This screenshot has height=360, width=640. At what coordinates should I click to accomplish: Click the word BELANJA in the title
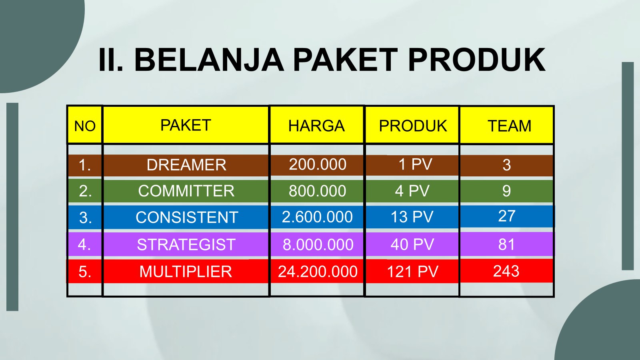209,60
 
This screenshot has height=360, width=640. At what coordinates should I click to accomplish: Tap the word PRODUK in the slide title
477,60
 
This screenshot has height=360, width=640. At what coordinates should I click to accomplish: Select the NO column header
85,126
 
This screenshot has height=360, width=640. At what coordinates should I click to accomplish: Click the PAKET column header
186,125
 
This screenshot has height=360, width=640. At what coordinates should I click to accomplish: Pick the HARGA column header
316,126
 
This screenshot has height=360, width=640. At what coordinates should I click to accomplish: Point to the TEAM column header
510,126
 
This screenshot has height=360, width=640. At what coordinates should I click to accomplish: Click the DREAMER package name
186,165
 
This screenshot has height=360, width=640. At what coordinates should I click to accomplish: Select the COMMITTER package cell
186,191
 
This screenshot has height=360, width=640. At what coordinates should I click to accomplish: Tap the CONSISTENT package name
187,218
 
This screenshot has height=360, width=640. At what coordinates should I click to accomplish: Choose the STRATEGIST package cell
186,244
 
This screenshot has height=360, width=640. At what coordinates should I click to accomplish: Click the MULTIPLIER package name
186,272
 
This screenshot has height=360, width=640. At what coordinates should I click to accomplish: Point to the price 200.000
318,164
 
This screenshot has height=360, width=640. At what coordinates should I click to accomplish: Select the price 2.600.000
317,217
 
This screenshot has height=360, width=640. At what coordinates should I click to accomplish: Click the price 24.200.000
318,272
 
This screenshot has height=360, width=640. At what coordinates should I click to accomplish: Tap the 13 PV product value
412,217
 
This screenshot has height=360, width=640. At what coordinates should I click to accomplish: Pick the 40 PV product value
412,244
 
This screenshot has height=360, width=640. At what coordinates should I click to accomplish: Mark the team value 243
506,271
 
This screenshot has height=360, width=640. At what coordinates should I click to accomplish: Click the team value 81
506,244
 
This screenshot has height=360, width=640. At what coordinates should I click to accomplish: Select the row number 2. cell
85,191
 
